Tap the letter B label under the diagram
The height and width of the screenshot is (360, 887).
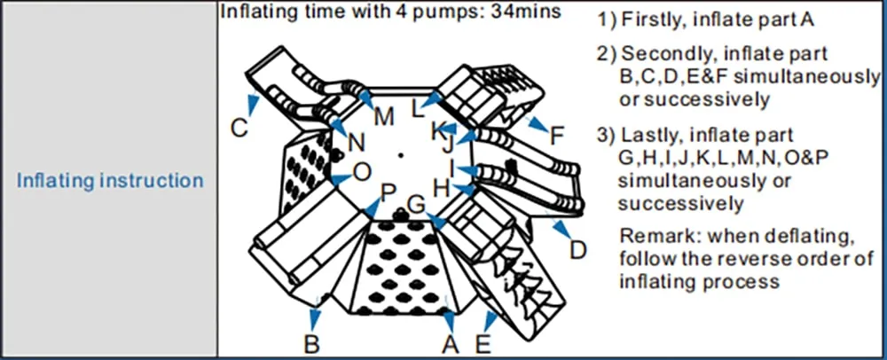(311, 343)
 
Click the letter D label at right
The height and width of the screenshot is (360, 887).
(577, 250)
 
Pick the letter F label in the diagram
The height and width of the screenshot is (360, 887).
(556, 136)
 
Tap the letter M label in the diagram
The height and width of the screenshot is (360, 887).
(383, 117)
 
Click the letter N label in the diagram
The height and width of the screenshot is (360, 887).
(356, 142)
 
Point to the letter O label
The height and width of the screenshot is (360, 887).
(363, 170)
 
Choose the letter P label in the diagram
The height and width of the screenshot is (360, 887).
(388, 192)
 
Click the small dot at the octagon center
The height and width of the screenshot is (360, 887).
(402, 156)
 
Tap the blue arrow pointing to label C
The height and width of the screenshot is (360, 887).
(254, 105)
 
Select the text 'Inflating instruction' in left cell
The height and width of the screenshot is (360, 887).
(111, 181)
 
